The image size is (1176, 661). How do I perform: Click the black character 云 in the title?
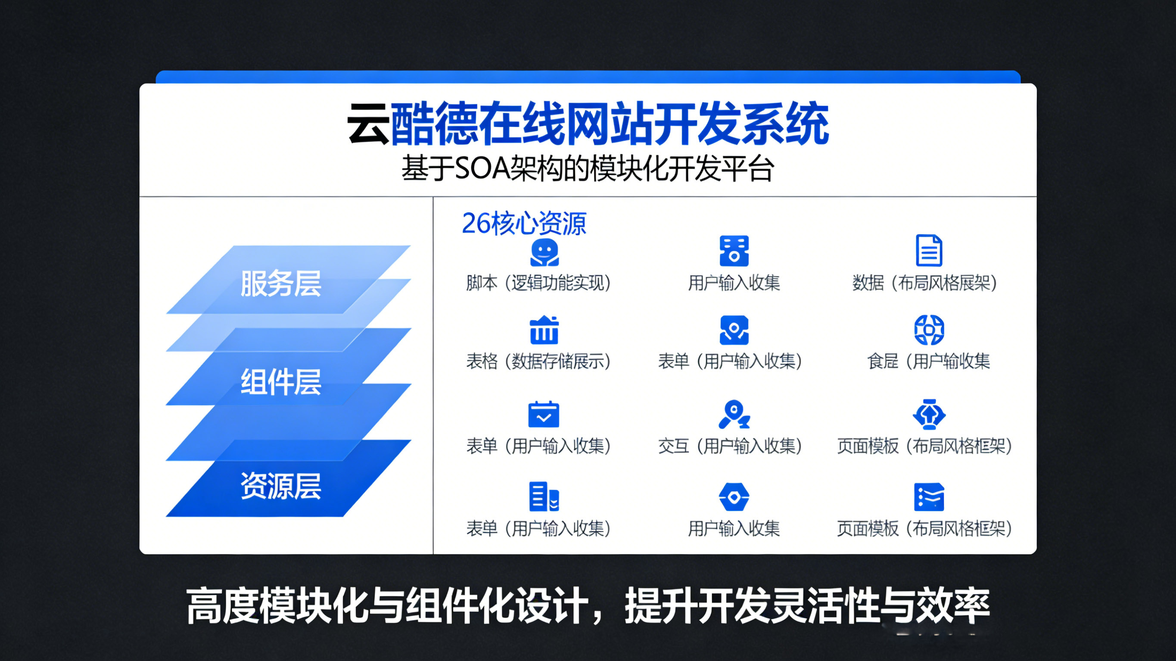tap(368, 124)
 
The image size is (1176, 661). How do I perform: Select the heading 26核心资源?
tap(524, 223)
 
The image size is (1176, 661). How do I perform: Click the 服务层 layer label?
tap(281, 283)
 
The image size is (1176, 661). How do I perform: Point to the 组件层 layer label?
tap(281, 382)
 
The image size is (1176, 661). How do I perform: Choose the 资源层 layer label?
tap(281, 486)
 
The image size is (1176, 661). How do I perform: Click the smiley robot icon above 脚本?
tap(544, 252)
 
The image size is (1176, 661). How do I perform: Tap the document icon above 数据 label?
tap(929, 250)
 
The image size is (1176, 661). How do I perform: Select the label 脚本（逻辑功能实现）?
tap(538, 283)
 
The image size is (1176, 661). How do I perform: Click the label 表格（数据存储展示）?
tap(538, 361)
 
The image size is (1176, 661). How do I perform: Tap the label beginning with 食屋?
tap(928, 361)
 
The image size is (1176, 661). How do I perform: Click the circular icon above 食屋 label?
tap(929, 329)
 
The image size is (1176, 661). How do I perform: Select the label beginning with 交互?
tap(730, 446)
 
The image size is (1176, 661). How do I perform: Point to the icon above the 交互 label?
tap(734, 414)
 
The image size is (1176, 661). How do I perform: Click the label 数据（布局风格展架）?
tap(924, 283)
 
